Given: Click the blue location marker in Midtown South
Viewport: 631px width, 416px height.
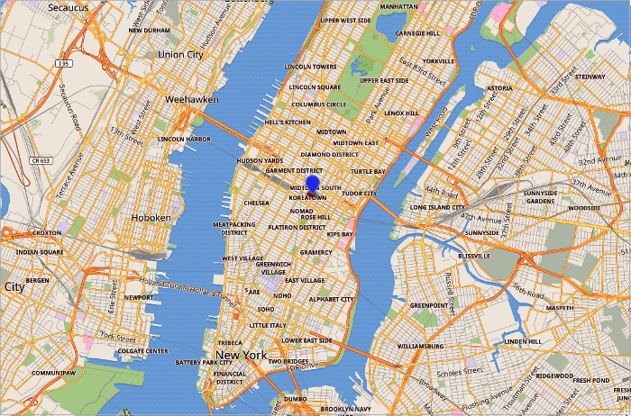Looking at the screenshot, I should [313, 185].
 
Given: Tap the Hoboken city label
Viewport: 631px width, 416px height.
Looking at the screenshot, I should [151, 218].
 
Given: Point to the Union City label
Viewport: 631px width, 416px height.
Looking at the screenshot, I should [180, 54].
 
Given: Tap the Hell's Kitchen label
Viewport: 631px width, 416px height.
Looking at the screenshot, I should [288, 122].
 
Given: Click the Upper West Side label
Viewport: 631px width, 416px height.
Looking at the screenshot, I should [345, 20].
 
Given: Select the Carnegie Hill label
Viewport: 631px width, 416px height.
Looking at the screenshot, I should [417, 33].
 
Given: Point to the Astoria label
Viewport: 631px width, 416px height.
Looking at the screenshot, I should [498, 88].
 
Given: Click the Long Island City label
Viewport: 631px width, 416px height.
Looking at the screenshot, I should [436, 207].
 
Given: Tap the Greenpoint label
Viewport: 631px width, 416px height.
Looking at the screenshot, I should [428, 305].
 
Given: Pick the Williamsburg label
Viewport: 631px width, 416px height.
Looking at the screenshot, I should [420, 346].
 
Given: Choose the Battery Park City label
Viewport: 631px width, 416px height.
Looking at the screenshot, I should [204, 362].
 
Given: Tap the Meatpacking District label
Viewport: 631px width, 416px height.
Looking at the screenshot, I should [234, 229].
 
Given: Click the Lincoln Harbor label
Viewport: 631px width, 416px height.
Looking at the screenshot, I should [184, 140].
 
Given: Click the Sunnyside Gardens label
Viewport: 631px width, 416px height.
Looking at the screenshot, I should [540, 196].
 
